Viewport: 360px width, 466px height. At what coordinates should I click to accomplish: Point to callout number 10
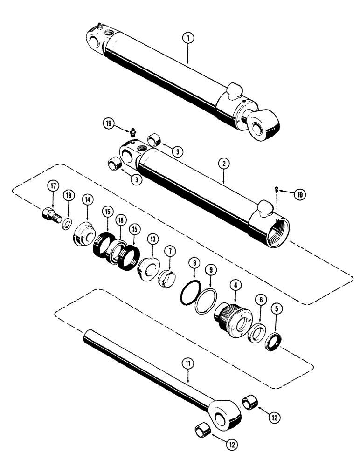(x=299, y=194)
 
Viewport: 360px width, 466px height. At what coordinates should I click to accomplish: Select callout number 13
(x=152, y=239)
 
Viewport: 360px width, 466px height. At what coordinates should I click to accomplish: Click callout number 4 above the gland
(x=235, y=282)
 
